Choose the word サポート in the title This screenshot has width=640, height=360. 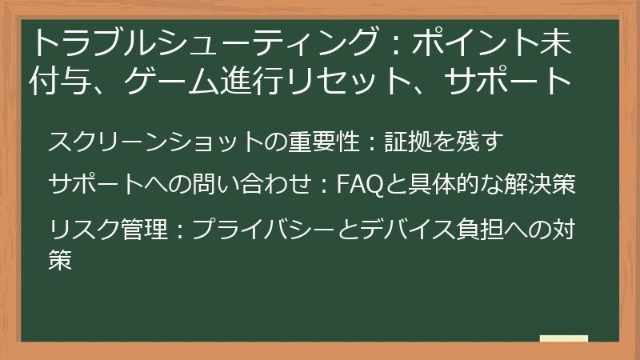[520, 80]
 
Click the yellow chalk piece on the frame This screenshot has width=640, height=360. [563, 338]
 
